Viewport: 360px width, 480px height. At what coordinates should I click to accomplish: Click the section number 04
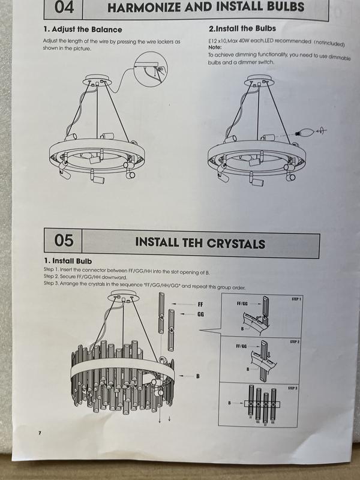64,7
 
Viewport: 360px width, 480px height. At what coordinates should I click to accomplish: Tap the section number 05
64,241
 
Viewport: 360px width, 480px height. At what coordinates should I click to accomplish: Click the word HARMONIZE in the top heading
144,7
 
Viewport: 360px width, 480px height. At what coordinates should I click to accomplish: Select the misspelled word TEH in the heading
193,242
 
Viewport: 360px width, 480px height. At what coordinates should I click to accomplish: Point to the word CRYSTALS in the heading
236,244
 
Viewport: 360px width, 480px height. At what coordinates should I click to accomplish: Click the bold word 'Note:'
215,47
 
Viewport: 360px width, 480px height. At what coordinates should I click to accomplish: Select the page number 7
40,433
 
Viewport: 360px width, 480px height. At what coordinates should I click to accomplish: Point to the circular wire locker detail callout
151,69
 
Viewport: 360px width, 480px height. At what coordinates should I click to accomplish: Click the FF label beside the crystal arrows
200,304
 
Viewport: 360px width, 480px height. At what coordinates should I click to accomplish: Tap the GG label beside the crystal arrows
201,314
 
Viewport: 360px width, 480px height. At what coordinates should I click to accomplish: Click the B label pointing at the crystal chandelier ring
198,376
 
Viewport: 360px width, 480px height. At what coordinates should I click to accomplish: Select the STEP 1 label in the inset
296,299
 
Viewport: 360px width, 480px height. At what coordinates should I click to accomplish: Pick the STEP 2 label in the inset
295,341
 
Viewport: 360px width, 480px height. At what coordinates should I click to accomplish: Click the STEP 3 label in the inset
292,388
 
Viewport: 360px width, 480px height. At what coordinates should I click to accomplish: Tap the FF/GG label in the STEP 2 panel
241,346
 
